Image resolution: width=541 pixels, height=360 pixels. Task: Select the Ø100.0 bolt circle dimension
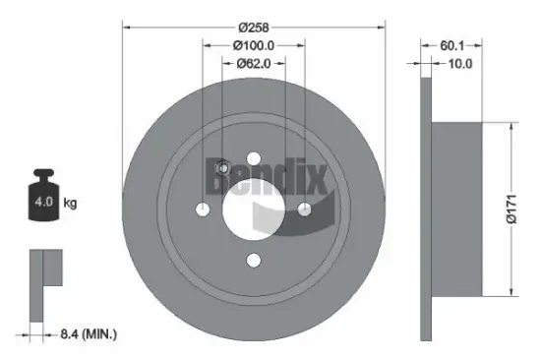(254, 45)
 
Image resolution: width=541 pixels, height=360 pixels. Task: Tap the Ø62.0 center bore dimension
(255, 64)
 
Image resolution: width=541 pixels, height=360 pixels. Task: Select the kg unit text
(71, 204)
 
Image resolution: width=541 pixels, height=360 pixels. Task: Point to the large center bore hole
(254, 208)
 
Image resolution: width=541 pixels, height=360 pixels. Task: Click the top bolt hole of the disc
(254, 157)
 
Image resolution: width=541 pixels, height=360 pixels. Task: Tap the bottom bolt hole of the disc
(254, 259)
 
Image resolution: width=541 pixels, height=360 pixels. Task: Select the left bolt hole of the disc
(204, 209)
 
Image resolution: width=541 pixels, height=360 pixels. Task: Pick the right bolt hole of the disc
(304, 209)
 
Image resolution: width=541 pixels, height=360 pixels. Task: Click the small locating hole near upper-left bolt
(222, 167)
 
